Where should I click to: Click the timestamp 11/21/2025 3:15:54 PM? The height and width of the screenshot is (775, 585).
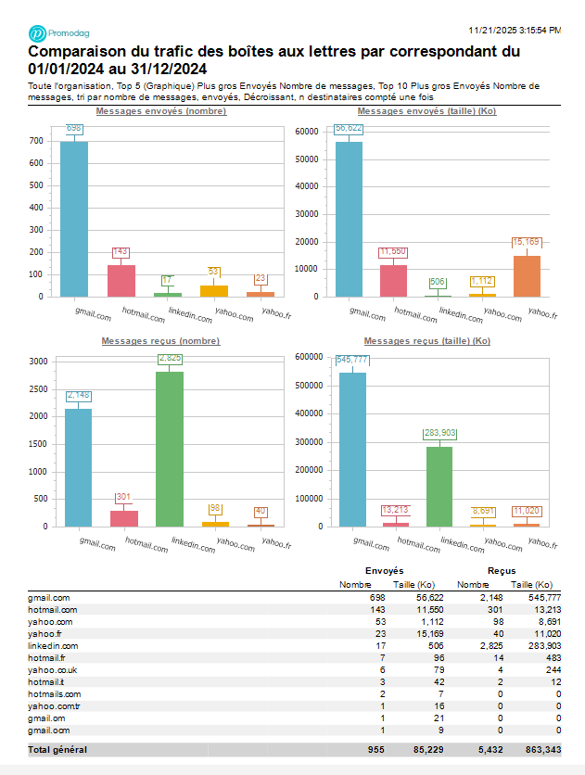pos(515,31)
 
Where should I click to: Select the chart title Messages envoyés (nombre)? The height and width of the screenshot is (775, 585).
pos(161,111)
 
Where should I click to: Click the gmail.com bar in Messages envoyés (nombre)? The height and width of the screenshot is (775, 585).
pos(74,219)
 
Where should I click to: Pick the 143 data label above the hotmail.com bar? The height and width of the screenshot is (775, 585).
pos(121,251)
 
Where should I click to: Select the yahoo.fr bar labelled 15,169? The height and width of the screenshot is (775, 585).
pos(527,276)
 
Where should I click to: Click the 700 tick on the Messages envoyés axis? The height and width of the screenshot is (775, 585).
pos(35,141)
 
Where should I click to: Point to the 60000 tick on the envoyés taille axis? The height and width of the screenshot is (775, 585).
pos(306,131)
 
